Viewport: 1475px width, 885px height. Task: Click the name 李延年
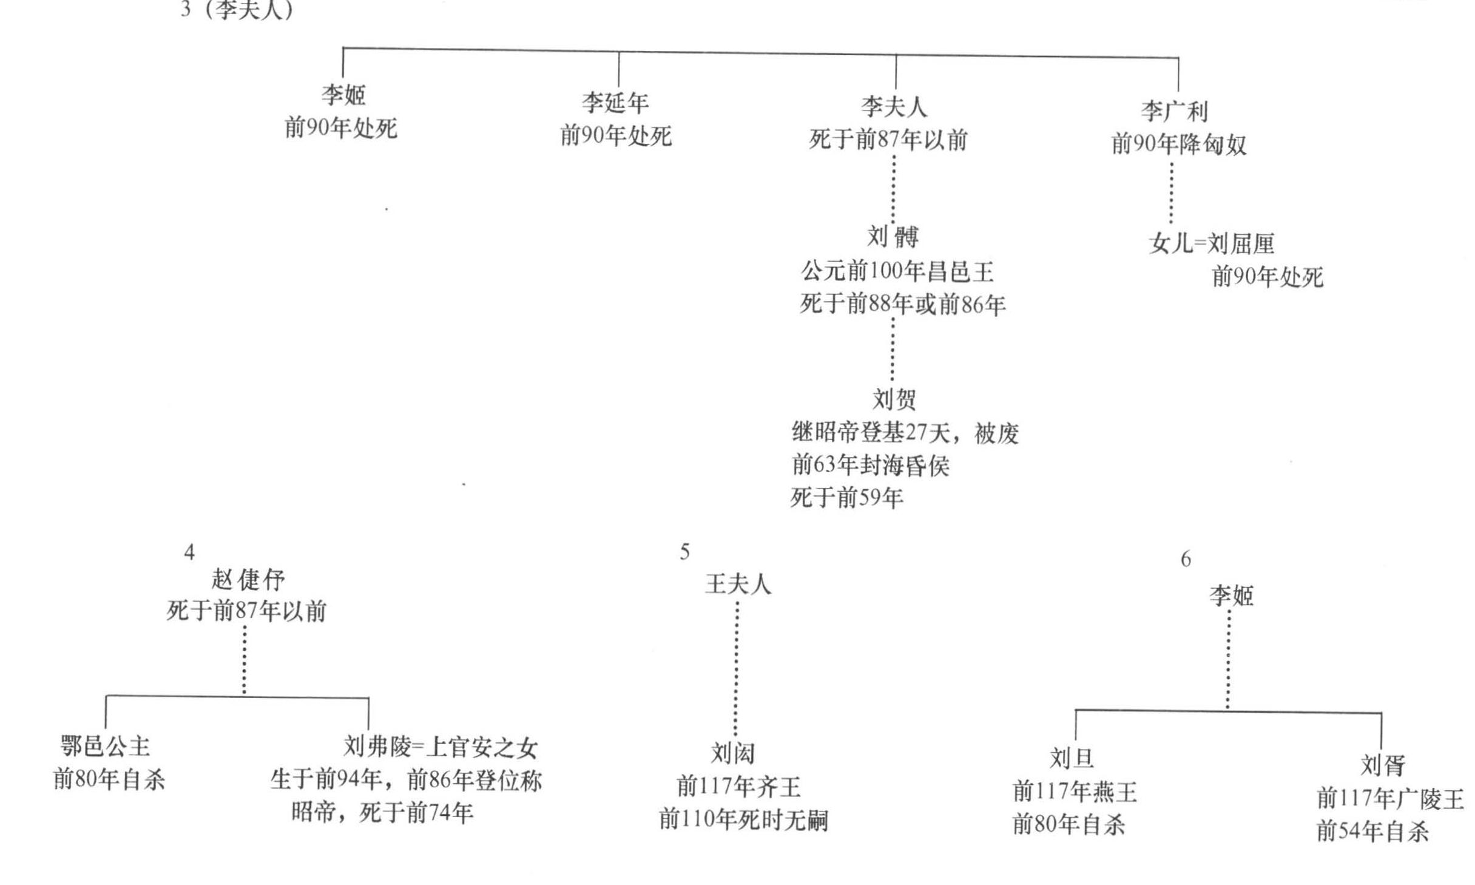click(615, 103)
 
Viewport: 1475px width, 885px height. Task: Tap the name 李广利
click(1174, 112)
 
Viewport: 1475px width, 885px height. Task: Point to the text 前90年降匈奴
click(1179, 144)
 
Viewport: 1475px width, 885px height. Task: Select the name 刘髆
click(893, 237)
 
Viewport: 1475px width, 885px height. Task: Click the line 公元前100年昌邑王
click(897, 271)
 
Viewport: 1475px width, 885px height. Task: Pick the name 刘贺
click(894, 399)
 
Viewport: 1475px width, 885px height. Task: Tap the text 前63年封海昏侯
click(870, 466)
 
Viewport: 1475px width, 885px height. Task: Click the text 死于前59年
click(846, 498)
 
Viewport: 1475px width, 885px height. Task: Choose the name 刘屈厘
click(1241, 244)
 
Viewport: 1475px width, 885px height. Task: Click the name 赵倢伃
click(248, 580)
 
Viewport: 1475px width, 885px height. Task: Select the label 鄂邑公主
click(105, 746)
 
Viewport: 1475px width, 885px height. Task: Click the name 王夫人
click(737, 585)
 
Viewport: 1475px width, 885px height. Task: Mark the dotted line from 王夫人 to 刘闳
click(736, 668)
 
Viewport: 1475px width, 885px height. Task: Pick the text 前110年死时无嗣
click(743, 820)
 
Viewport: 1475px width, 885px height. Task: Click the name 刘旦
click(1072, 758)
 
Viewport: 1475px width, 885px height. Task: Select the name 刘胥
click(1382, 765)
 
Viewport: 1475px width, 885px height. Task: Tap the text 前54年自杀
click(1372, 832)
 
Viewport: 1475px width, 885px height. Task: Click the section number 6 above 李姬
click(1186, 559)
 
